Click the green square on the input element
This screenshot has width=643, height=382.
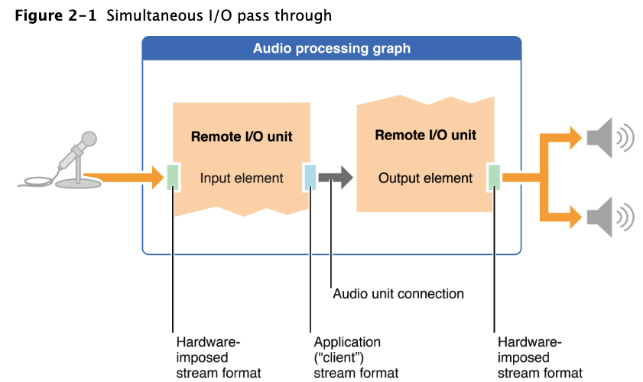[174, 177]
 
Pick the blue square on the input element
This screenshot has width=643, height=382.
[310, 177]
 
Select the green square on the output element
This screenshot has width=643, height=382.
[495, 177]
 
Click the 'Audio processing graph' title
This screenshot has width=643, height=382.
[332, 49]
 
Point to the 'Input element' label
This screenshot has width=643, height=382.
[242, 178]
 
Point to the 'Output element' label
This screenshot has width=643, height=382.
[425, 178]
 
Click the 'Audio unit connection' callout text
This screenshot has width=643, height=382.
[398, 293]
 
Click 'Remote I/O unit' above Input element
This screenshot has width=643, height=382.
[242, 137]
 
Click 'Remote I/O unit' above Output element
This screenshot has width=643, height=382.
[425, 135]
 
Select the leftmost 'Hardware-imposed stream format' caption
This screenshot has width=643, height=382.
[218, 358]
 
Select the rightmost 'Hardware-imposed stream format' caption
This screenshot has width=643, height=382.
[539, 358]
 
